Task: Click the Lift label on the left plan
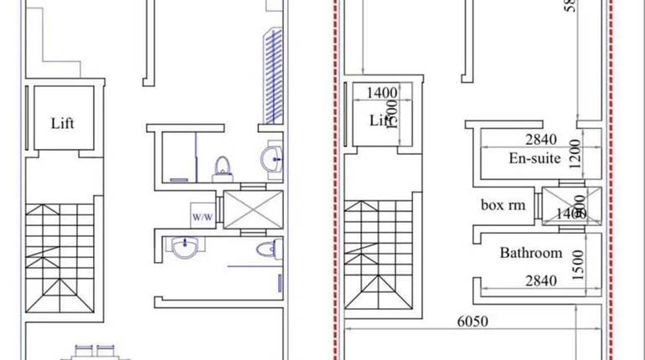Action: pyautogui.click(x=63, y=123)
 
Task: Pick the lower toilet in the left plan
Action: pyautogui.click(x=266, y=249)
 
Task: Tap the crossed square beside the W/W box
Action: pyautogui.click(x=248, y=210)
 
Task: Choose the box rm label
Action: pyautogui.click(x=503, y=203)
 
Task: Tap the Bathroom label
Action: pyautogui.click(x=530, y=252)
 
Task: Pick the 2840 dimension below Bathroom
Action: pyautogui.click(x=540, y=281)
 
